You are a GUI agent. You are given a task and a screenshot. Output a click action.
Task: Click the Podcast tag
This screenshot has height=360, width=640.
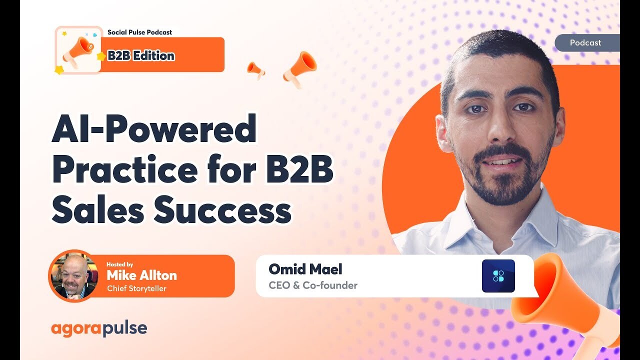(x=585, y=43)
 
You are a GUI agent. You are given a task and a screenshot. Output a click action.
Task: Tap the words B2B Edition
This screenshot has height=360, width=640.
(x=141, y=55)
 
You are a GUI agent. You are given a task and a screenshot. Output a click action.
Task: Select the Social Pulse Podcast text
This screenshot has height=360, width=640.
(x=139, y=32)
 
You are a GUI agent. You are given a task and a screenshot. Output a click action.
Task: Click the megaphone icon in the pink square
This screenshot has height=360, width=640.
(x=78, y=50)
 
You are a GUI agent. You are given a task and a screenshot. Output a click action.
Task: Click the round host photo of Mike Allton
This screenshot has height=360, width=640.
(x=73, y=275)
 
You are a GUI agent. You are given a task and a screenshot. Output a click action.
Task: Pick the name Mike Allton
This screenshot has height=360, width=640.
(x=141, y=275)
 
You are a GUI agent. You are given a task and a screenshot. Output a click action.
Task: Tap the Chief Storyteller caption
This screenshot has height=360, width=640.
(x=136, y=288)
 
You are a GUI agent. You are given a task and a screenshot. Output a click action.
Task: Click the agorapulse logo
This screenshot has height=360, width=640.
(x=99, y=328)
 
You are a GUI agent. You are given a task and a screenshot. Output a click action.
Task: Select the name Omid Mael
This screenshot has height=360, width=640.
(x=305, y=269)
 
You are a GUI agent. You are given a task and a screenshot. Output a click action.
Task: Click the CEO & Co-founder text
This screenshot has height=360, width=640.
(x=312, y=285)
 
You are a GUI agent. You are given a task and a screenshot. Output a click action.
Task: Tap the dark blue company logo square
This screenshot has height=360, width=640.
(x=498, y=276)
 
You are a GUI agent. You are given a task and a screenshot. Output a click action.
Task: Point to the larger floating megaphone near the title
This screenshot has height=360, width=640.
(x=300, y=68)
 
